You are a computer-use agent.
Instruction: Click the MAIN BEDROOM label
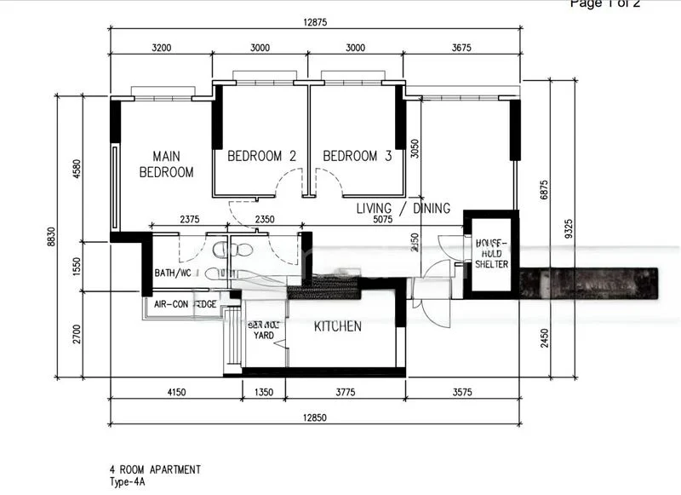point(167,164)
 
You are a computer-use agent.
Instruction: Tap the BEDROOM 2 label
point(261,156)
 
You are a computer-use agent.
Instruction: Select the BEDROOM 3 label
point(358,156)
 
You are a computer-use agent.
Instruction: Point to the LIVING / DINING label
point(403,209)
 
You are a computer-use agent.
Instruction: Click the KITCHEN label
point(338,326)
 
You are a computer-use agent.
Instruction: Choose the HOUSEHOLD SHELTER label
point(491,253)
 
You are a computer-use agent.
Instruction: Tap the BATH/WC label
point(174,273)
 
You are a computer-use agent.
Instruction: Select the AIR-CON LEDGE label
point(186,304)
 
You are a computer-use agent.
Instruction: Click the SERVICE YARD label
point(263,330)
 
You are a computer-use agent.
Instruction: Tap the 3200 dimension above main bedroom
point(161,48)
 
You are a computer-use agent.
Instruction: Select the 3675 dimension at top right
point(462,48)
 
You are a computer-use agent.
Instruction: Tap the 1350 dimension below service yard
point(264,393)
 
